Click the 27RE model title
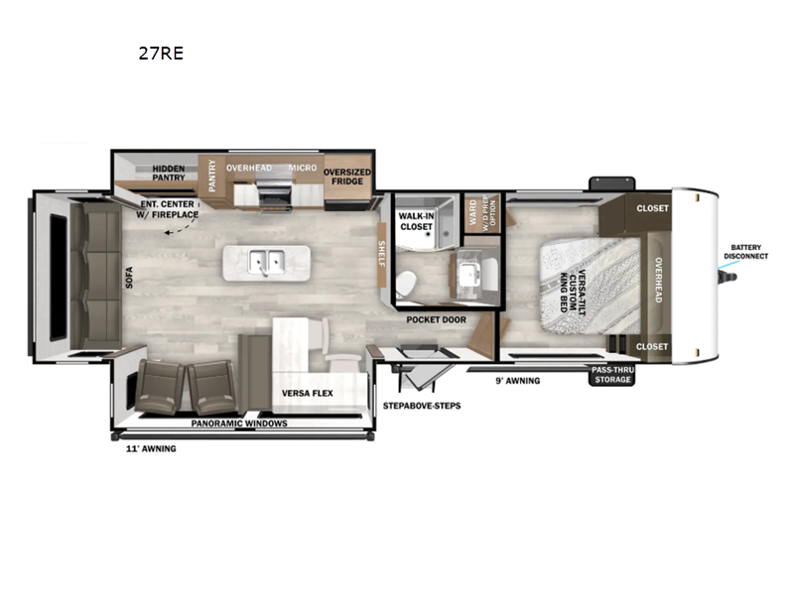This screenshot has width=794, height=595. pos(161,54)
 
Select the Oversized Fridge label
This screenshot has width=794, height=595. pos(347,177)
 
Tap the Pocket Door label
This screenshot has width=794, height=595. pos(436,319)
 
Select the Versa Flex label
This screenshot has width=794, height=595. pos(308,393)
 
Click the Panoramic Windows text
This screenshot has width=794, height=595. pos(239,423)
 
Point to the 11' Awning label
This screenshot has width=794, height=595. pos(144,448)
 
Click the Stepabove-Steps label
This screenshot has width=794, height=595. pos(422,406)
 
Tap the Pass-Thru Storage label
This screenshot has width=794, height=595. pos(612,374)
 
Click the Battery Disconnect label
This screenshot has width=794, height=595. pos(749,251)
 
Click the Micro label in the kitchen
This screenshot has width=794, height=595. pos(303,169)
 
